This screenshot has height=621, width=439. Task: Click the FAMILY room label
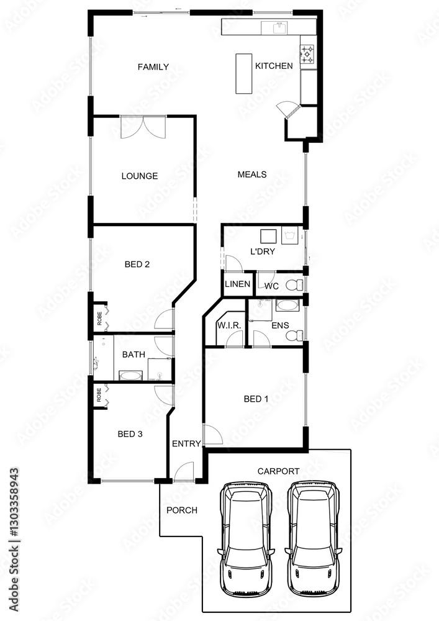coord(153,67)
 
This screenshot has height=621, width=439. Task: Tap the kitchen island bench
coord(244,74)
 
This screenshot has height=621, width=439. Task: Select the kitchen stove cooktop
coord(308,55)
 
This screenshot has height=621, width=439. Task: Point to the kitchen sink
coord(280,28)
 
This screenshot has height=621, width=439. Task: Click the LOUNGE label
coord(140,176)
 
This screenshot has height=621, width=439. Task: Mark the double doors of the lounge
coord(143,127)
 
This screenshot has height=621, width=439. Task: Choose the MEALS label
coord(252,175)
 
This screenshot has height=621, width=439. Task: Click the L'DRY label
coord(263,252)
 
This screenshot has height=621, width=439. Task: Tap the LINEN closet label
coord(238,284)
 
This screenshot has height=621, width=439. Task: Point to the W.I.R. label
coord(229,325)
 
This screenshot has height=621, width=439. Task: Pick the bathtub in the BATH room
coord(130,376)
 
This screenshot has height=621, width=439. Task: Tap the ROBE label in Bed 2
coord(100,319)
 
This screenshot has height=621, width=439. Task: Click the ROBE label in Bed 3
coord(99,395)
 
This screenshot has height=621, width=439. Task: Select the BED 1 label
coord(256,399)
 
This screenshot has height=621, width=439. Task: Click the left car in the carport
coord(246,541)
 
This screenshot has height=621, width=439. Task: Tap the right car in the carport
coord(313,541)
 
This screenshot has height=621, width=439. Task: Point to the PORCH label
coord(182,510)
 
